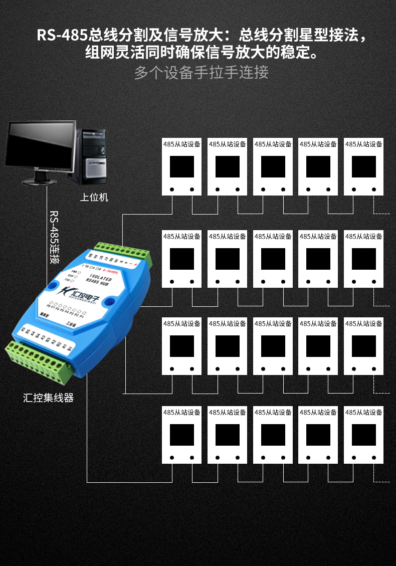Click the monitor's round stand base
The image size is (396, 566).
[39, 181]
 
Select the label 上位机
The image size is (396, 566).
[94, 197]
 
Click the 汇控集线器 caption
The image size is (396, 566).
[49, 398]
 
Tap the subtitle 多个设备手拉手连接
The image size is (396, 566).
[201, 72]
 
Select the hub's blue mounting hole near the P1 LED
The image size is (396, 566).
[112, 302]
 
